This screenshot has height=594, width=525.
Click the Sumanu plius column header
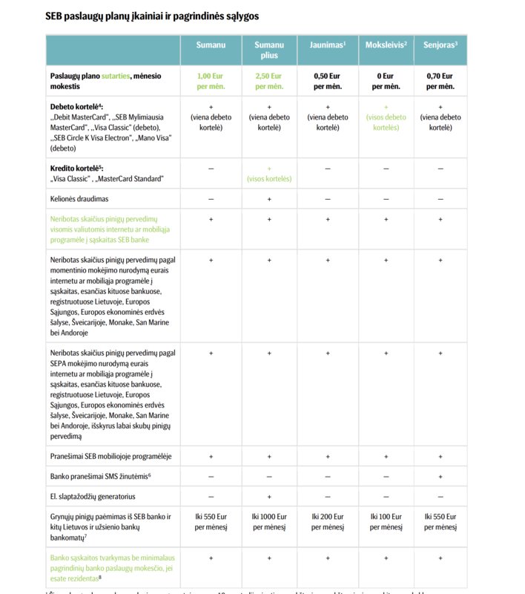pos(269,50)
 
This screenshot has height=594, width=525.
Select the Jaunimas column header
pos(327,45)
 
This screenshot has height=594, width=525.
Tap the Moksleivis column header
pos(386,45)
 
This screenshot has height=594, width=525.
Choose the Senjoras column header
pos(440,45)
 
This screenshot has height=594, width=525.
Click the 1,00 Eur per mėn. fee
pos(211,81)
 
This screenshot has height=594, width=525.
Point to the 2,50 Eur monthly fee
pos(269,81)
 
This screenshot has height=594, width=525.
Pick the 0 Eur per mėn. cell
pos(386,81)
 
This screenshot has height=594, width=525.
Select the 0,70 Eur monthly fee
pos(440,81)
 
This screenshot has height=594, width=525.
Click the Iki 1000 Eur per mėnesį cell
pos(269,521)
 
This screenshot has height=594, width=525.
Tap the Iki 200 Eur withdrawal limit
pos(327,521)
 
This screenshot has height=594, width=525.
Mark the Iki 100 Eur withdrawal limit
pos(386,521)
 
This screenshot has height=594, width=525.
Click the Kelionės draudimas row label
pos(80,199)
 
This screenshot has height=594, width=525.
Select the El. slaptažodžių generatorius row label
pos(93,496)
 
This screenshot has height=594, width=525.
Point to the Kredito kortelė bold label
pos(76,169)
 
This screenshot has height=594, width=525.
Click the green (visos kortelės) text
pos(269,179)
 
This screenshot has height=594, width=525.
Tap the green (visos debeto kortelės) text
pos(386,122)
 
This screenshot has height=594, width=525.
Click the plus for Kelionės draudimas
pos(269,199)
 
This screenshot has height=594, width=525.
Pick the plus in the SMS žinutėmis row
pos(440,476)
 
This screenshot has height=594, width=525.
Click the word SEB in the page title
pos(54,15)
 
